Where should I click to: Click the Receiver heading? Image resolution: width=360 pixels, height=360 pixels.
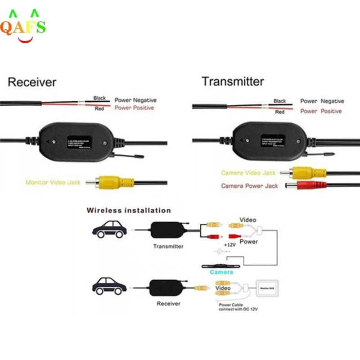[x=32, y=82]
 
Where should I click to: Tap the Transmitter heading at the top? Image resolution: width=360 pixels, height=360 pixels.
[x=233, y=81]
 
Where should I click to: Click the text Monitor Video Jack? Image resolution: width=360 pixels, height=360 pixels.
[x=53, y=183]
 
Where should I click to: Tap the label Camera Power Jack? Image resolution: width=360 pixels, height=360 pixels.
[x=249, y=186]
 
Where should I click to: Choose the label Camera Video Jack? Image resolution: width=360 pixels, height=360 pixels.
[x=248, y=173]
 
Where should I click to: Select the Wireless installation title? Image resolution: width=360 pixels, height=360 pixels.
[x=129, y=210]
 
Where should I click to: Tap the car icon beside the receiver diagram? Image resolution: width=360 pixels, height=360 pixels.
[x=109, y=286]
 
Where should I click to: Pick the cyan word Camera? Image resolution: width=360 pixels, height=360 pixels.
[x=221, y=272]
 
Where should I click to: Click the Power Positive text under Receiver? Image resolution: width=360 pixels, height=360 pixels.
[x=134, y=108]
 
